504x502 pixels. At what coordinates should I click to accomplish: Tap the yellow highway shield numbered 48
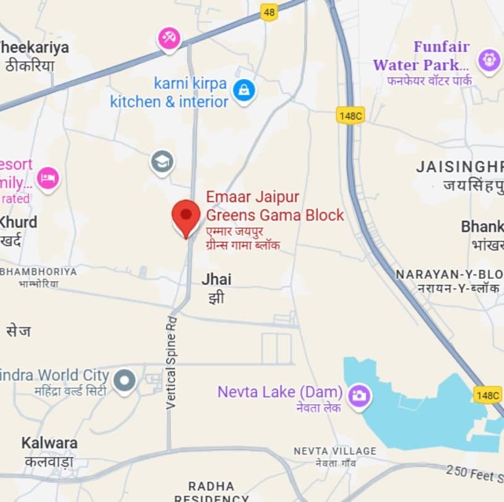click(x=268, y=12)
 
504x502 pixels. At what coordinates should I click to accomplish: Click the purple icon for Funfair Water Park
click(x=489, y=61)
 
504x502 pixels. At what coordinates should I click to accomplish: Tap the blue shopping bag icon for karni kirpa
click(x=244, y=91)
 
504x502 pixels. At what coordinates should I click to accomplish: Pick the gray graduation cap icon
click(x=162, y=163)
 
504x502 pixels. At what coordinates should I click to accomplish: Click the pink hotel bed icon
click(x=48, y=179)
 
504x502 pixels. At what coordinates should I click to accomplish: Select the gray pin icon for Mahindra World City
click(x=125, y=379)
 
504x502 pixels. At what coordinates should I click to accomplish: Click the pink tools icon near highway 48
click(x=168, y=38)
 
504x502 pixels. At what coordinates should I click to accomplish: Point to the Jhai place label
click(x=216, y=279)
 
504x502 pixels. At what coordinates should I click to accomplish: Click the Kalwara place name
click(x=49, y=443)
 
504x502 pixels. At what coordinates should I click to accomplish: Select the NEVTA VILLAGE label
click(x=335, y=451)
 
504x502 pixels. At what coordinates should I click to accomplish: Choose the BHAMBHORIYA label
click(x=38, y=272)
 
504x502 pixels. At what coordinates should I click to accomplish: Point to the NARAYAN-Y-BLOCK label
click(x=450, y=274)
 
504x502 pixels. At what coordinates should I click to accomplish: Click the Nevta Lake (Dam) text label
click(x=280, y=392)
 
